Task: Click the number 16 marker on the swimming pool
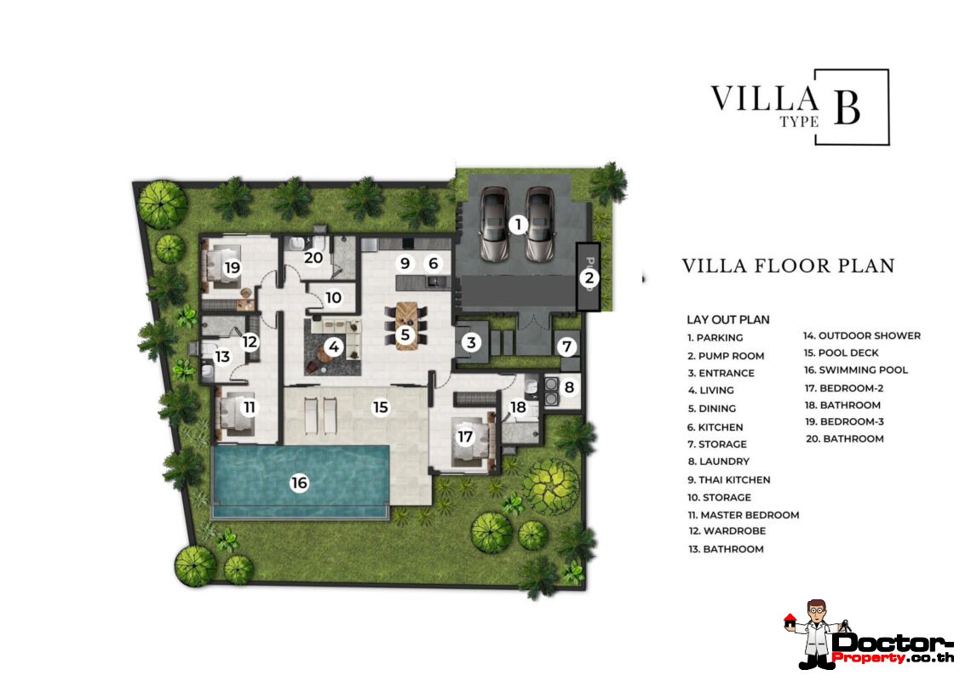point(299,483)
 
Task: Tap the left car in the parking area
point(496,224)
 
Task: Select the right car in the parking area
point(540,224)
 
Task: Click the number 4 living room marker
point(333,347)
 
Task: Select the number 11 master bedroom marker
point(249,408)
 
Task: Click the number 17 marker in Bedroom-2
point(465,437)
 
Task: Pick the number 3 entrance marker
point(471,343)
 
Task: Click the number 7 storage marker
point(568,346)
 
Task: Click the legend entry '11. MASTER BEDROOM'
point(744,515)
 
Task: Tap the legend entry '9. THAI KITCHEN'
point(729,479)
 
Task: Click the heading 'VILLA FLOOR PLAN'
point(788,266)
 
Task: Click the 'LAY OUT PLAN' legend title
point(728,320)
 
